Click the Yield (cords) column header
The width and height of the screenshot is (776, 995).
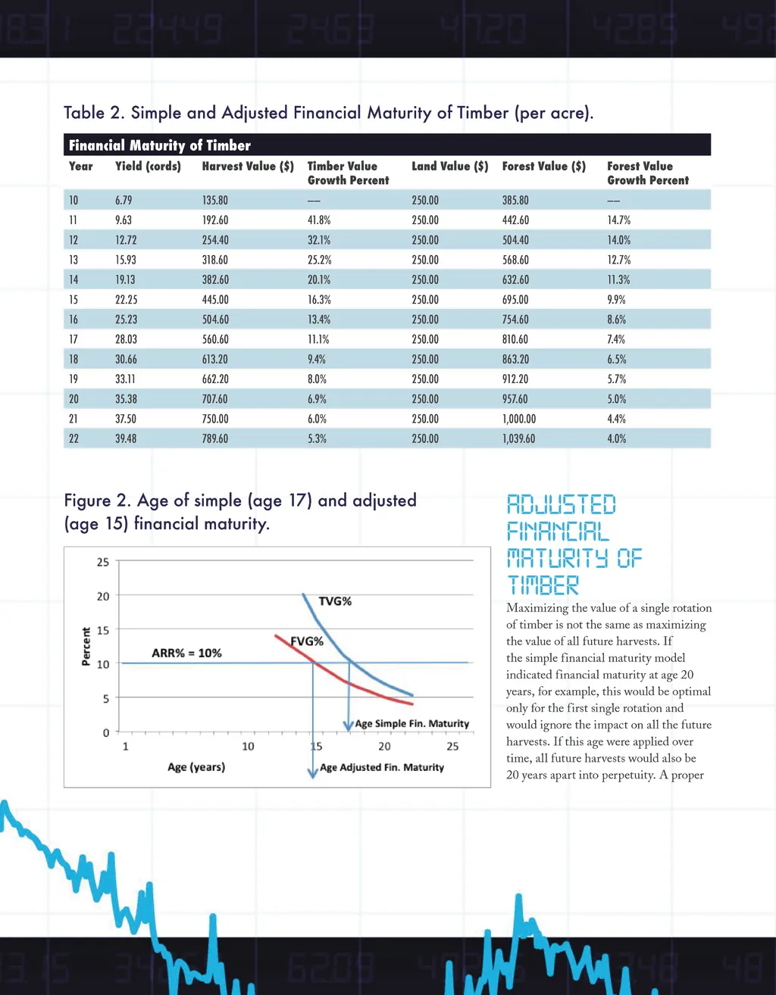pyautogui.click(x=148, y=166)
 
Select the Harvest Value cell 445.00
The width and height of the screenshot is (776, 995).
pyautogui.click(x=215, y=300)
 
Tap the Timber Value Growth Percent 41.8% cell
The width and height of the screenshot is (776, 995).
pyautogui.click(x=319, y=220)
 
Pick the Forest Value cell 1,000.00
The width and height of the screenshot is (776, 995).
pyautogui.click(x=519, y=419)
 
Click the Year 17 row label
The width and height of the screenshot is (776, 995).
pyautogui.click(x=74, y=339)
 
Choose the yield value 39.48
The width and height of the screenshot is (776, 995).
pyautogui.click(x=126, y=438)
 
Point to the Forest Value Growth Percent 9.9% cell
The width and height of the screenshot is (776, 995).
pyautogui.click(x=616, y=300)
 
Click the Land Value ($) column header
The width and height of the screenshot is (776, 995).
pyautogui.click(x=450, y=166)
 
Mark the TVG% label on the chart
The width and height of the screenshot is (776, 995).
pyautogui.click(x=335, y=601)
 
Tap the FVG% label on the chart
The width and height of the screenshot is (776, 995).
pyautogui.click(x=308, y=641)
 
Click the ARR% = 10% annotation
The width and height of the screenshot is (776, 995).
pyautogui.click(x=186, y=653)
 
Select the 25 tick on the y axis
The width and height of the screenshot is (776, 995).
pyautogui.click(x=103, y=562)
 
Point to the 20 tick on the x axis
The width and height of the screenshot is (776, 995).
pyautogui.click(x=385, y=747)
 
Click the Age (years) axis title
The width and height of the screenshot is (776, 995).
pyautogui.click(x=196, y=767)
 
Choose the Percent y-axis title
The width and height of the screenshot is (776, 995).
pyautogui.click(x=86, y=646)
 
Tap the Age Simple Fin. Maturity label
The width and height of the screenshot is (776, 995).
pyautogui.click(x=412, y=724)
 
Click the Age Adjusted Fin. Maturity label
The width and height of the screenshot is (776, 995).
pyautogui.click(x=382, y=767)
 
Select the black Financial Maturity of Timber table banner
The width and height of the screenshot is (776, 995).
pyautogui.click(x=387, y=145)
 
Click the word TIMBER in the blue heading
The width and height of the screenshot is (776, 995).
pyautogui.click(x=543, y=585)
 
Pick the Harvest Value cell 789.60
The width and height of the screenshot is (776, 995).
pyautogui.click(x=215, y=438)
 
